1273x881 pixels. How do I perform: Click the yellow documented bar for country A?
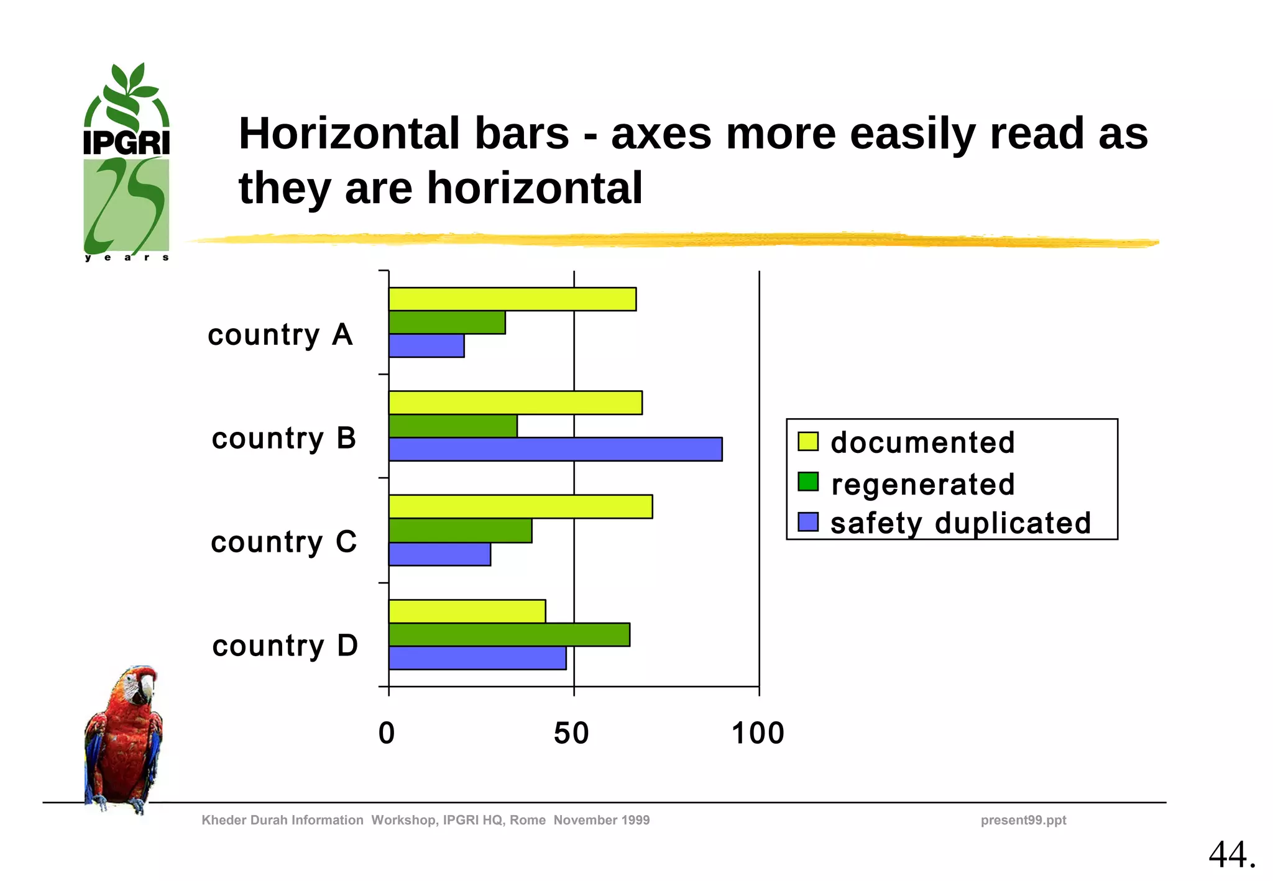tap(512, 299)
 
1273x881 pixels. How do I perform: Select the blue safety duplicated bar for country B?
tap(555, 449)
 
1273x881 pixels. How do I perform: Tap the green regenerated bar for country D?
tap(509, 634)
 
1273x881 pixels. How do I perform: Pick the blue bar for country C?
tap(439, 554)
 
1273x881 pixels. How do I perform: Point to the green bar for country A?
tap(447, 322)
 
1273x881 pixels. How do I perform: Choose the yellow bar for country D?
tap(467, 611)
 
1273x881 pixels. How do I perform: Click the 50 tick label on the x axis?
tap(571, 733)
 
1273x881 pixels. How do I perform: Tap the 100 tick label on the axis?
tap(758, 733)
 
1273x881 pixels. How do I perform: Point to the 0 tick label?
tap(387, 733)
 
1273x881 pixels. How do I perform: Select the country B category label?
tap(283, 439)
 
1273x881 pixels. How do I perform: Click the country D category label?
tap(285, 646)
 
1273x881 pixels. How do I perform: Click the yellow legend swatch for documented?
tap(808, 441)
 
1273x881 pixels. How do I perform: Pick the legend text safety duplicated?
tap(960, 523)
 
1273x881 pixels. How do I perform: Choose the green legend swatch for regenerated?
tap(808, 482)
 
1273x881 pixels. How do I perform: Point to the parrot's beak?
tap(147, 688)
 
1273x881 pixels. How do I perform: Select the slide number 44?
tap(1231, 854)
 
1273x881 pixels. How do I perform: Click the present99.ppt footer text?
tap(1023, 820)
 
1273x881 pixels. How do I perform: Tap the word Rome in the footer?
tap(527, 820)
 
